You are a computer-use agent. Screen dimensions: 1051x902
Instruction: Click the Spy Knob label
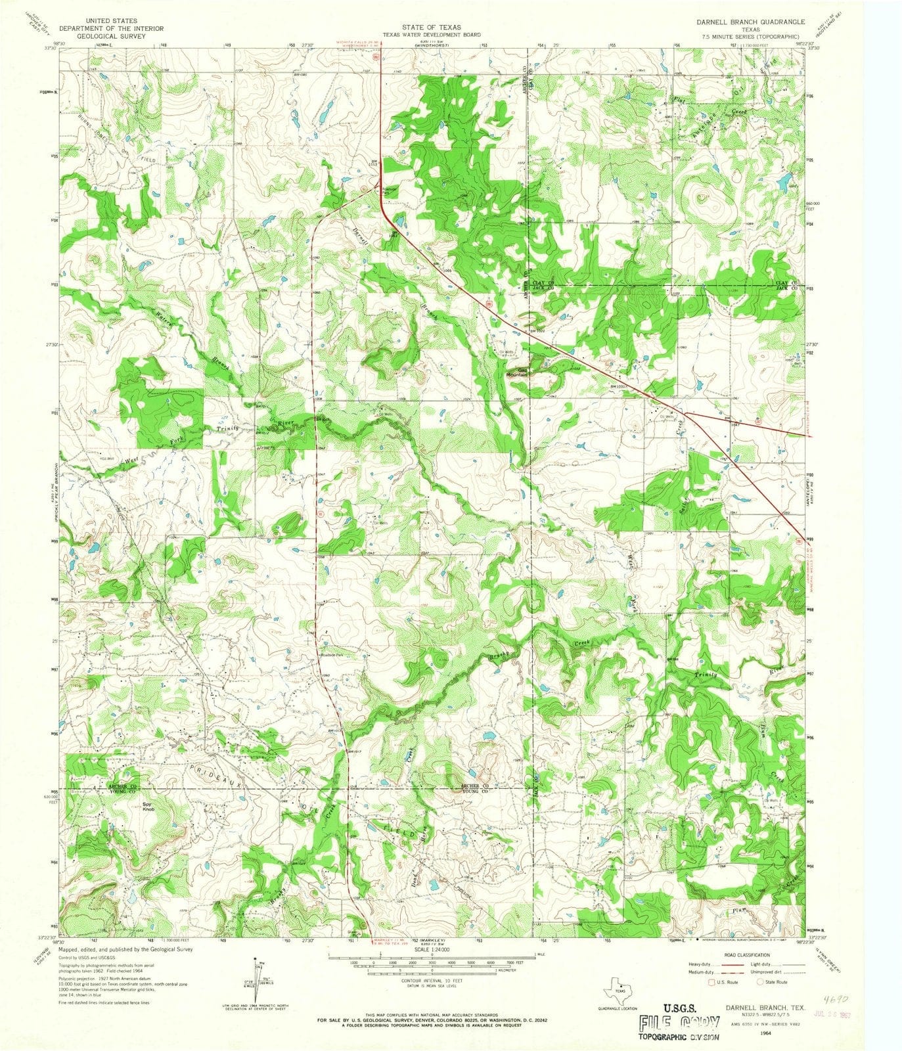click(150, 812)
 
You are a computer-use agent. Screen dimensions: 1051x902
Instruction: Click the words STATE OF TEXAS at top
click(432, 28)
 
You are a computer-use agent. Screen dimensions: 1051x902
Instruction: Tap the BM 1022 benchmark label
click(538, 331)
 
